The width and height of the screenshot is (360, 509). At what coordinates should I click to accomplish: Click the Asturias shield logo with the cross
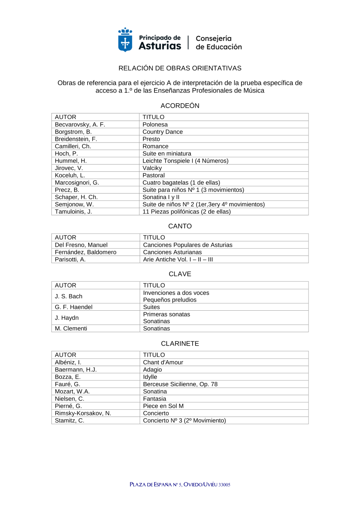tap(125, 40)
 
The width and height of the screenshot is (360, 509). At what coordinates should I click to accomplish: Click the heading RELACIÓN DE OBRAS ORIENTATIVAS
tap(180, 68)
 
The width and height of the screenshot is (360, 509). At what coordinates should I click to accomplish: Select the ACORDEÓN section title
tap(180, 106)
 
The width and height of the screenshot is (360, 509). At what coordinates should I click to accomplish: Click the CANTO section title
tap(180, 226)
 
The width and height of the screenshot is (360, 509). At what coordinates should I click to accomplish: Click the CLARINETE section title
tap(180, 344)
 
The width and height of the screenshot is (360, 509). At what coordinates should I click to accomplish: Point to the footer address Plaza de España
tap(180, 485)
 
